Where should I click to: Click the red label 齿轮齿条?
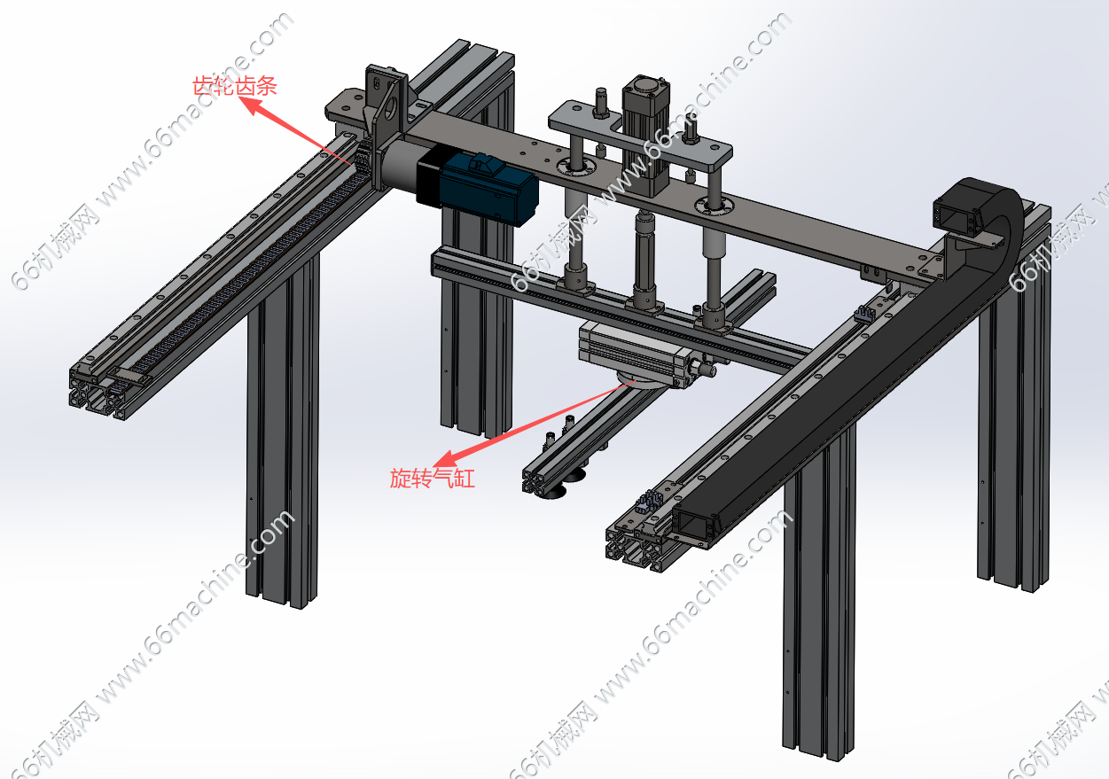(x=234, y=86)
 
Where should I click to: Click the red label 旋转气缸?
(x=432, y=479)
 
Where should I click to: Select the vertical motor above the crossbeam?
(x=645, y=136)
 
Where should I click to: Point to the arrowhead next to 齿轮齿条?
(x=253, y=105)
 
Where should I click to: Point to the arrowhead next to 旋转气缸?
(x=447, y=459)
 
